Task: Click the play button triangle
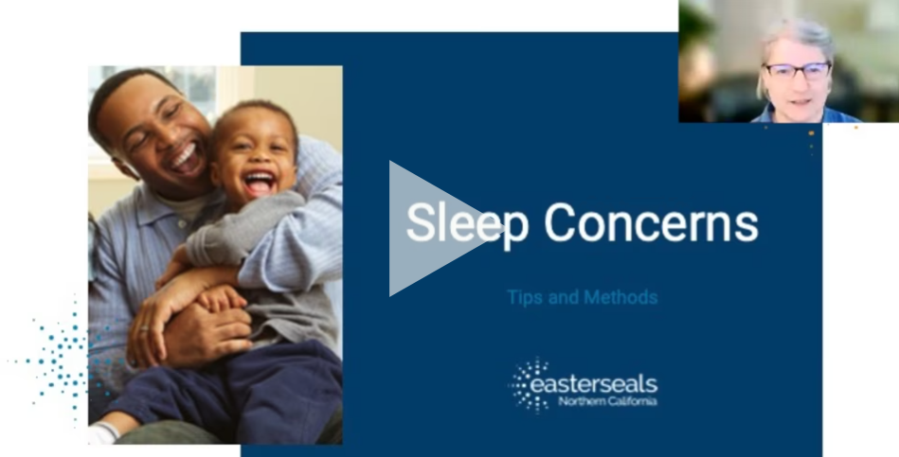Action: (x=436, y=229)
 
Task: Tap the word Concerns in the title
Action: (x=652, y=222)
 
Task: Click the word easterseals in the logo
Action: (x=594, y=383)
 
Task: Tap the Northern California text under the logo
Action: (x=608, y=401)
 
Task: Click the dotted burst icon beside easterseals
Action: (x=528, y=385)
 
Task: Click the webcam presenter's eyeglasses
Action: (x=798, y=71)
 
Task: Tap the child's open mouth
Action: (x=260, y=182)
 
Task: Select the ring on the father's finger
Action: (x=144, y=328)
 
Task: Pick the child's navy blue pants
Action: (x=229, y=390)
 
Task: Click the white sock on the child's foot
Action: (x=102, y=433)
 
